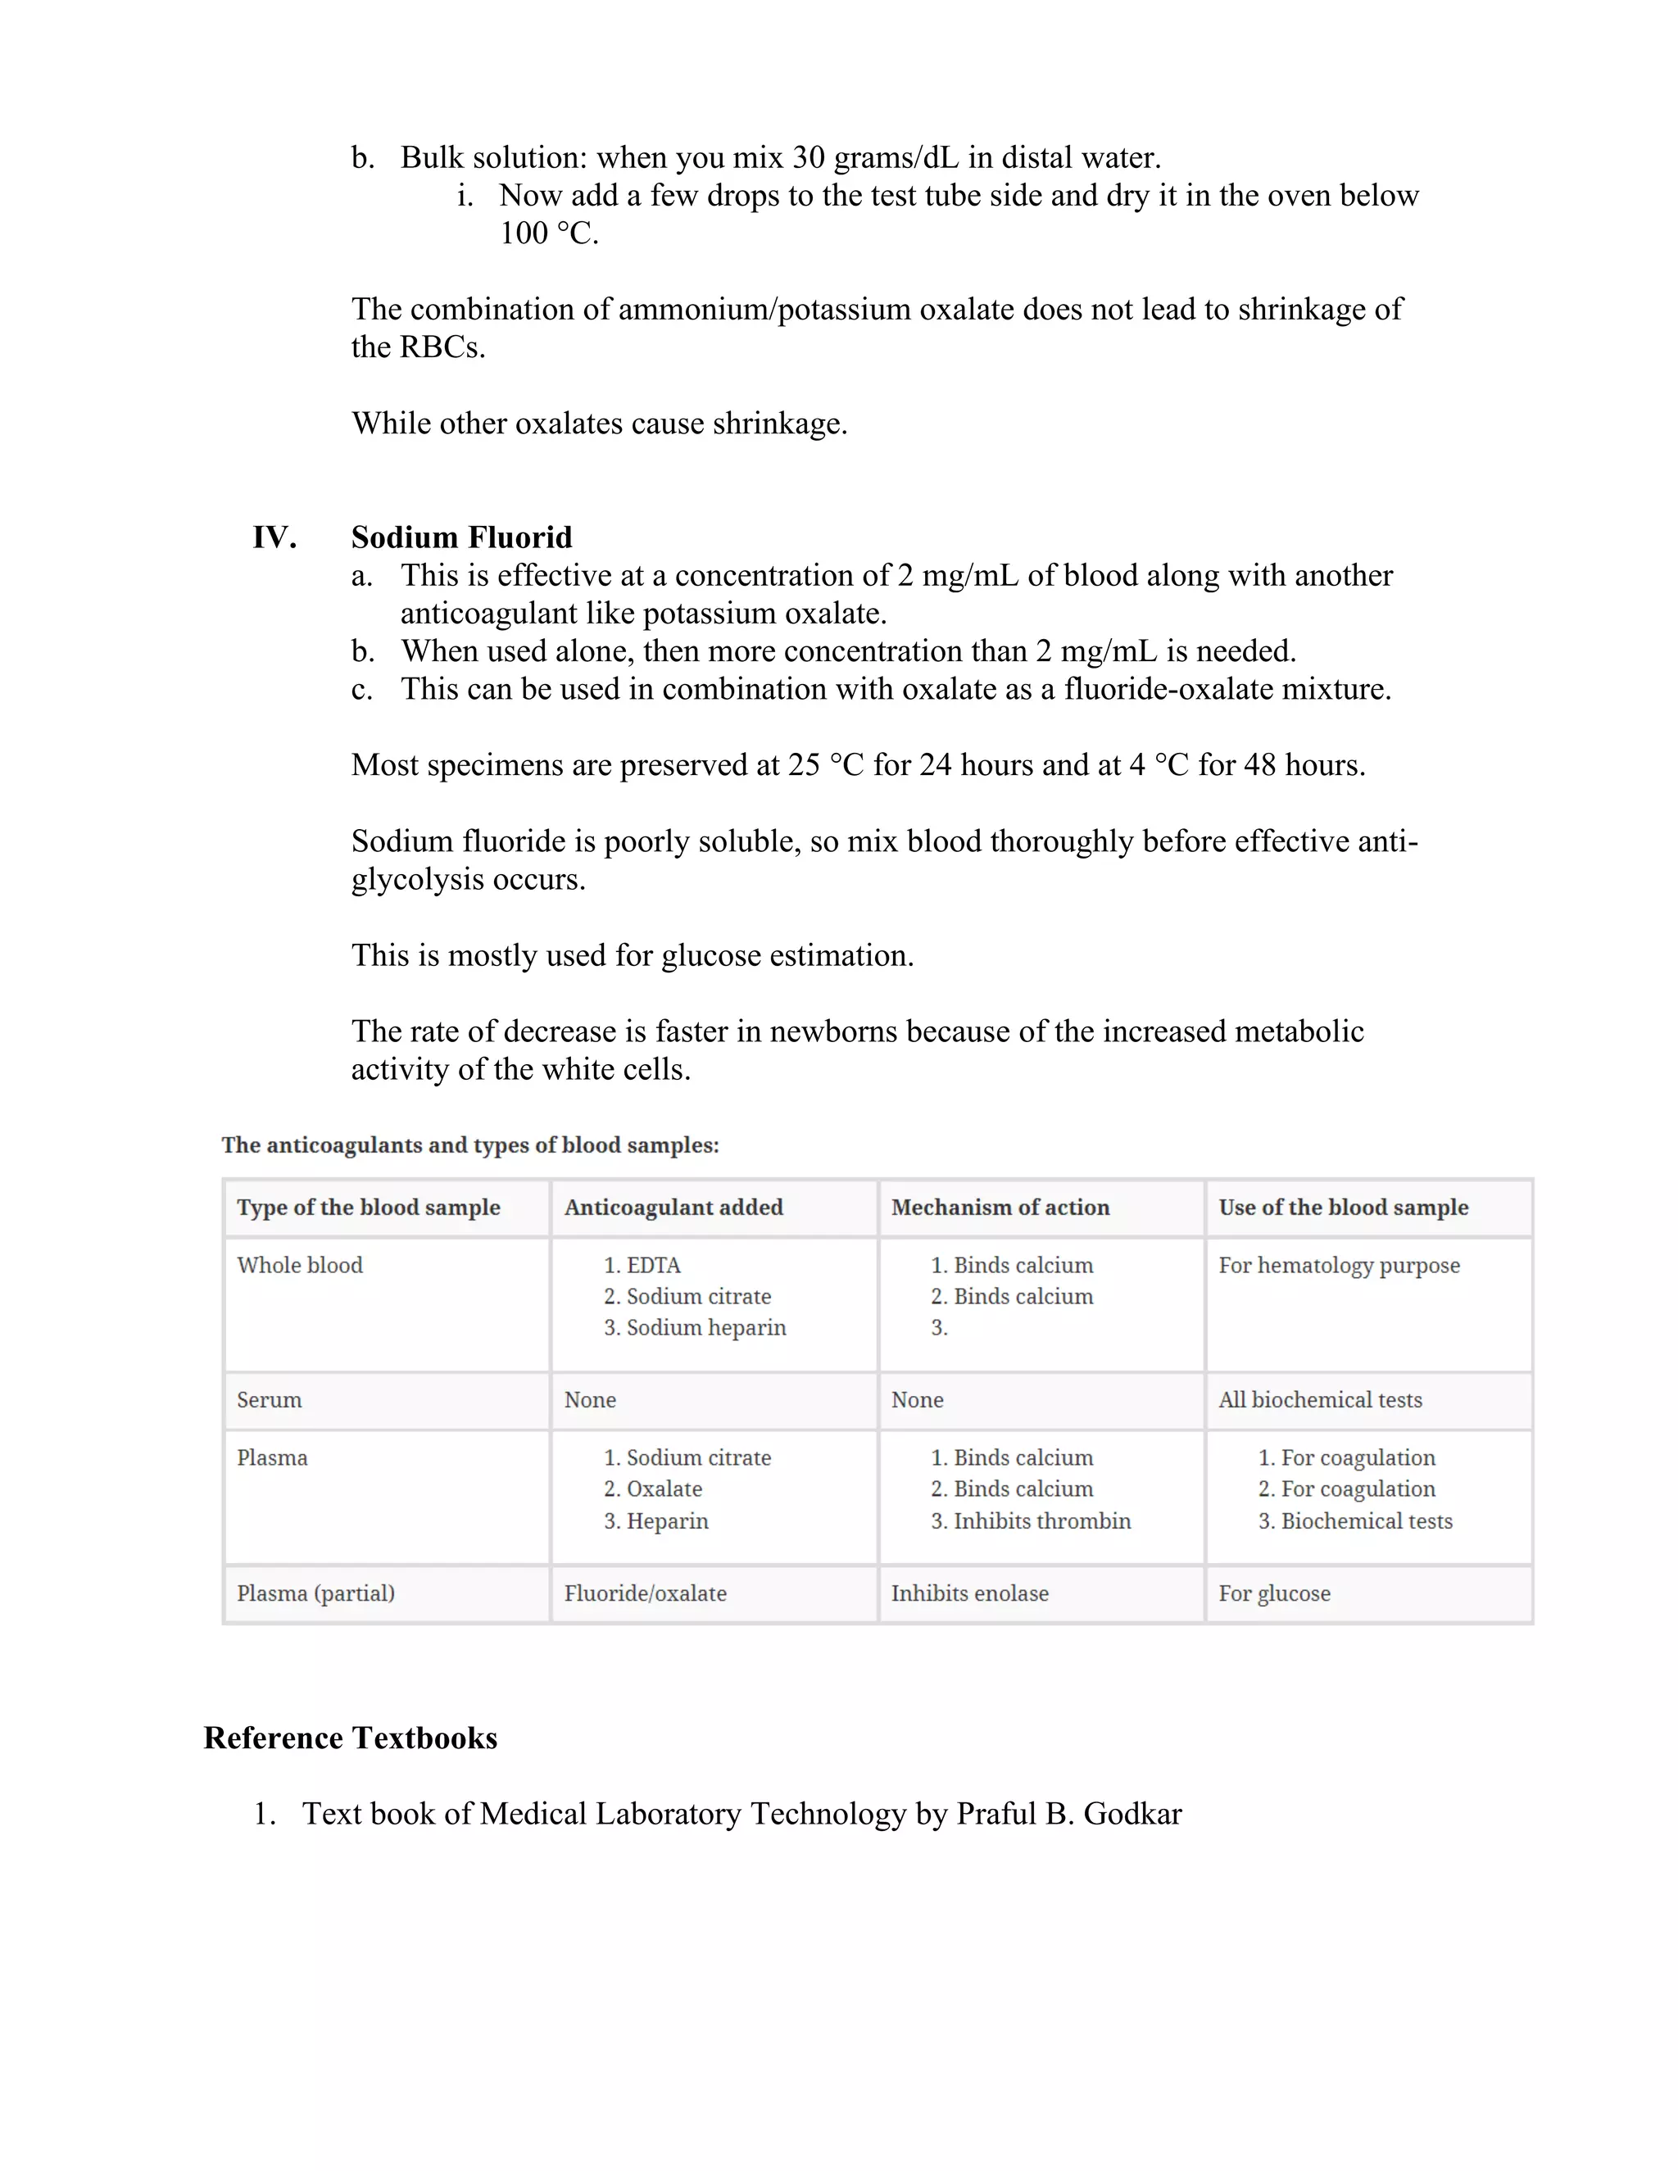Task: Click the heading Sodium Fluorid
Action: [x=461, y=537]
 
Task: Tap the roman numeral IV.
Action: [x=274, y=537]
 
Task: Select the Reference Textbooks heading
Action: [x=350, y=1738]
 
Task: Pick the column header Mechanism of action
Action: [x=1000, y=1208]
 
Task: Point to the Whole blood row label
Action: [x=299, y=1266]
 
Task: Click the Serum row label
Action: [x=269, y=1401]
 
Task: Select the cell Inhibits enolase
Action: [x=969, y=1593]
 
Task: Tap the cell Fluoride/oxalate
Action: [x=645, y=1593]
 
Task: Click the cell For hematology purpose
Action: [x=1339, y=1266]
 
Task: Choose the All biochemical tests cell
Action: [x=1320, y=1401]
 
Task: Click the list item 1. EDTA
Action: [x=642, y=1266]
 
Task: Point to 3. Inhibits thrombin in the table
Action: [x=1031, y=1522]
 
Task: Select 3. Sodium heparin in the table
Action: [x=695, y=1328]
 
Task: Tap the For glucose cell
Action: [x=1274, y=1593]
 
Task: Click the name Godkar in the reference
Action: [x=1132, y=1814]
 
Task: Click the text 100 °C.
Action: [x=549, y=233]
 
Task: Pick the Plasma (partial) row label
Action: [x=315, y=1593]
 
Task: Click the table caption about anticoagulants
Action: [x=470, y=1145]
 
